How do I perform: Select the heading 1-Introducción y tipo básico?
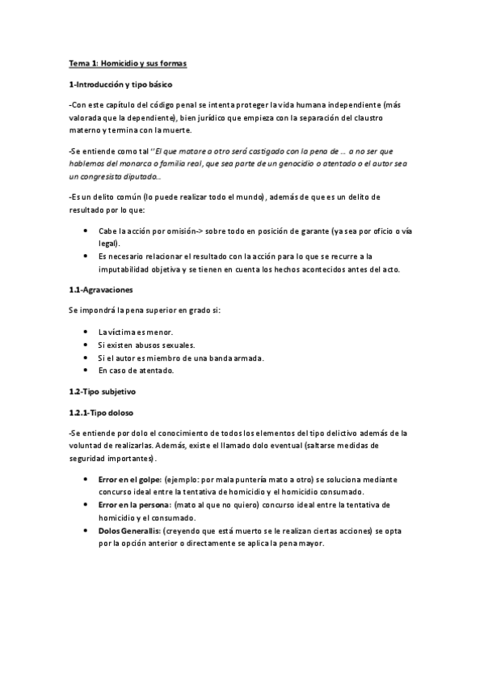tap(120, 84)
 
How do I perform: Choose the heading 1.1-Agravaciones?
tap(101, 290)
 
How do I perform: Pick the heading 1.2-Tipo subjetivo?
tap(101, 391)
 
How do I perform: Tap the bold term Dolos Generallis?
tap(129, 531)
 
